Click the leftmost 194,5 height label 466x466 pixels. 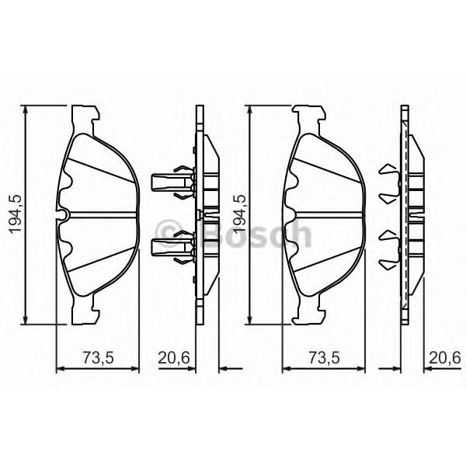pyautogui.click(x=16, y=214)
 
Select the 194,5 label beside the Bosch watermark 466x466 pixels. pyautogui.click(x=240, y=214)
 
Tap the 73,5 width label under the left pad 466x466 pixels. pyautogui.click(x=98, y=358)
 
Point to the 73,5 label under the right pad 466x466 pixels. pyautogui.click(x=324, y=358)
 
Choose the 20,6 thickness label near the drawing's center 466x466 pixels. pyautogui.click(x=173, y=358)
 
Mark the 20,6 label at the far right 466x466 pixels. pyautogui.click(x=444, y=358)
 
